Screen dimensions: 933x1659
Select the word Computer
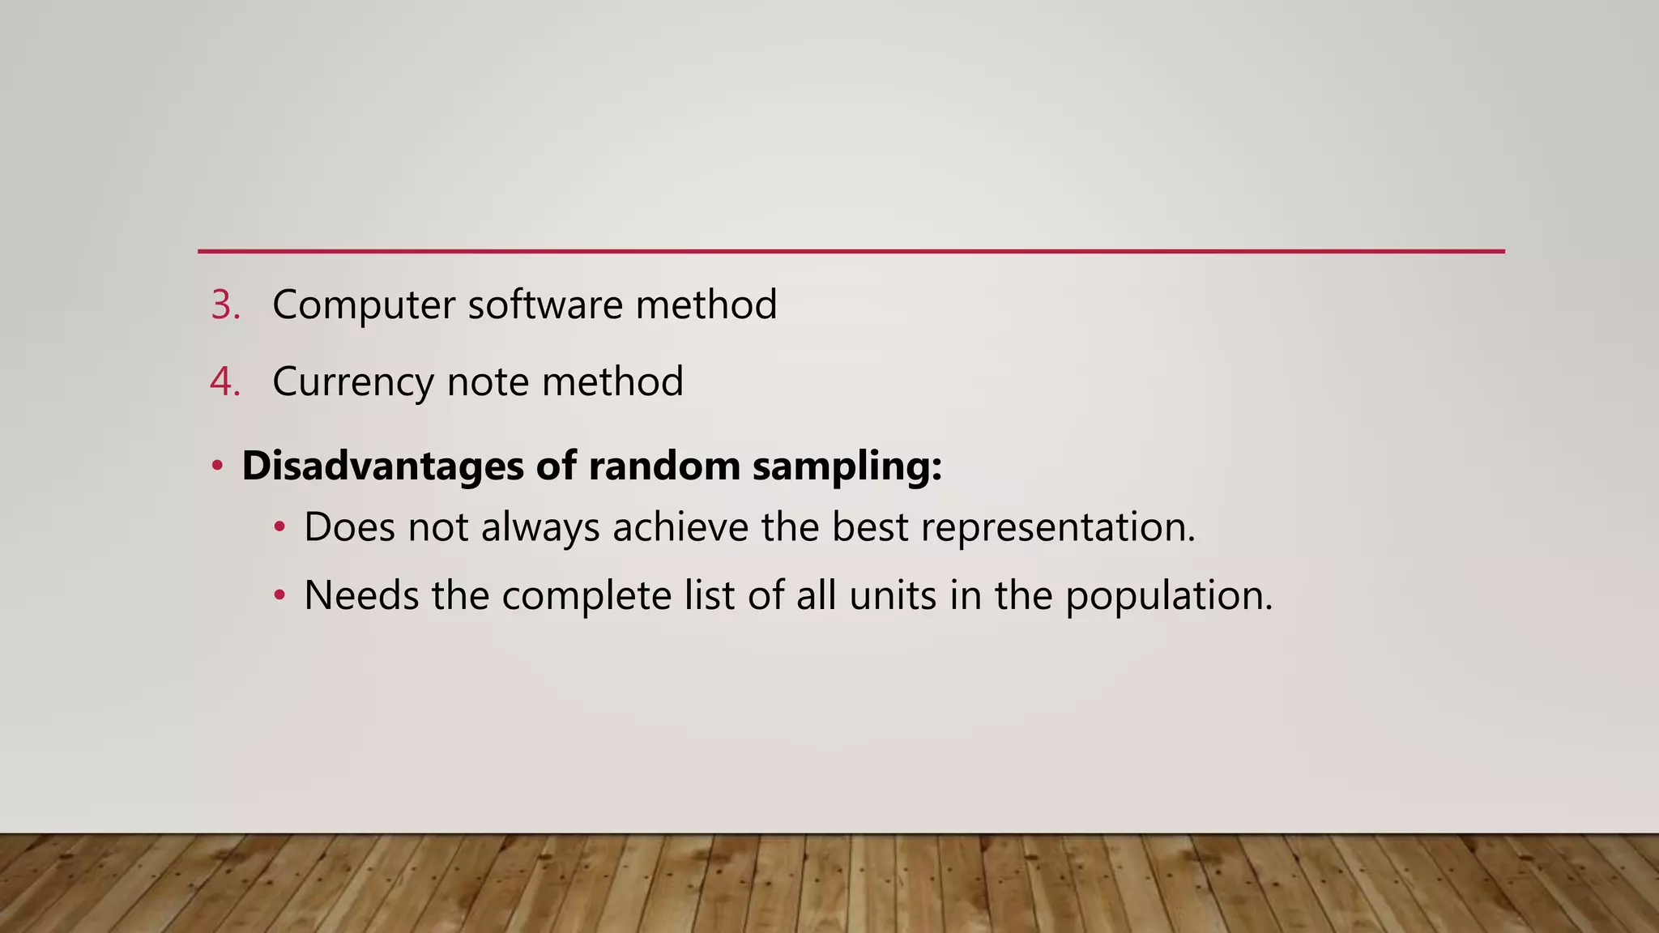point(364,305)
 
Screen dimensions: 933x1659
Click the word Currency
point(353,381)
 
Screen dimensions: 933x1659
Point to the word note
point(488,381)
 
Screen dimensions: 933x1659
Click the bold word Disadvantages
point(382,466)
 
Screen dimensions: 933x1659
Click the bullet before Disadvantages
point(217,466)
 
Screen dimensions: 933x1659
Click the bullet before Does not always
point(279,527)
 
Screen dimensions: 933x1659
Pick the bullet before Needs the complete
point(279,596)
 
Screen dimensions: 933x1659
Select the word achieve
point(680,527)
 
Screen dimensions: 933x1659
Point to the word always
point(540,527)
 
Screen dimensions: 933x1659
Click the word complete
point(586,596)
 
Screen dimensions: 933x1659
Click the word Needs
point(361,596)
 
